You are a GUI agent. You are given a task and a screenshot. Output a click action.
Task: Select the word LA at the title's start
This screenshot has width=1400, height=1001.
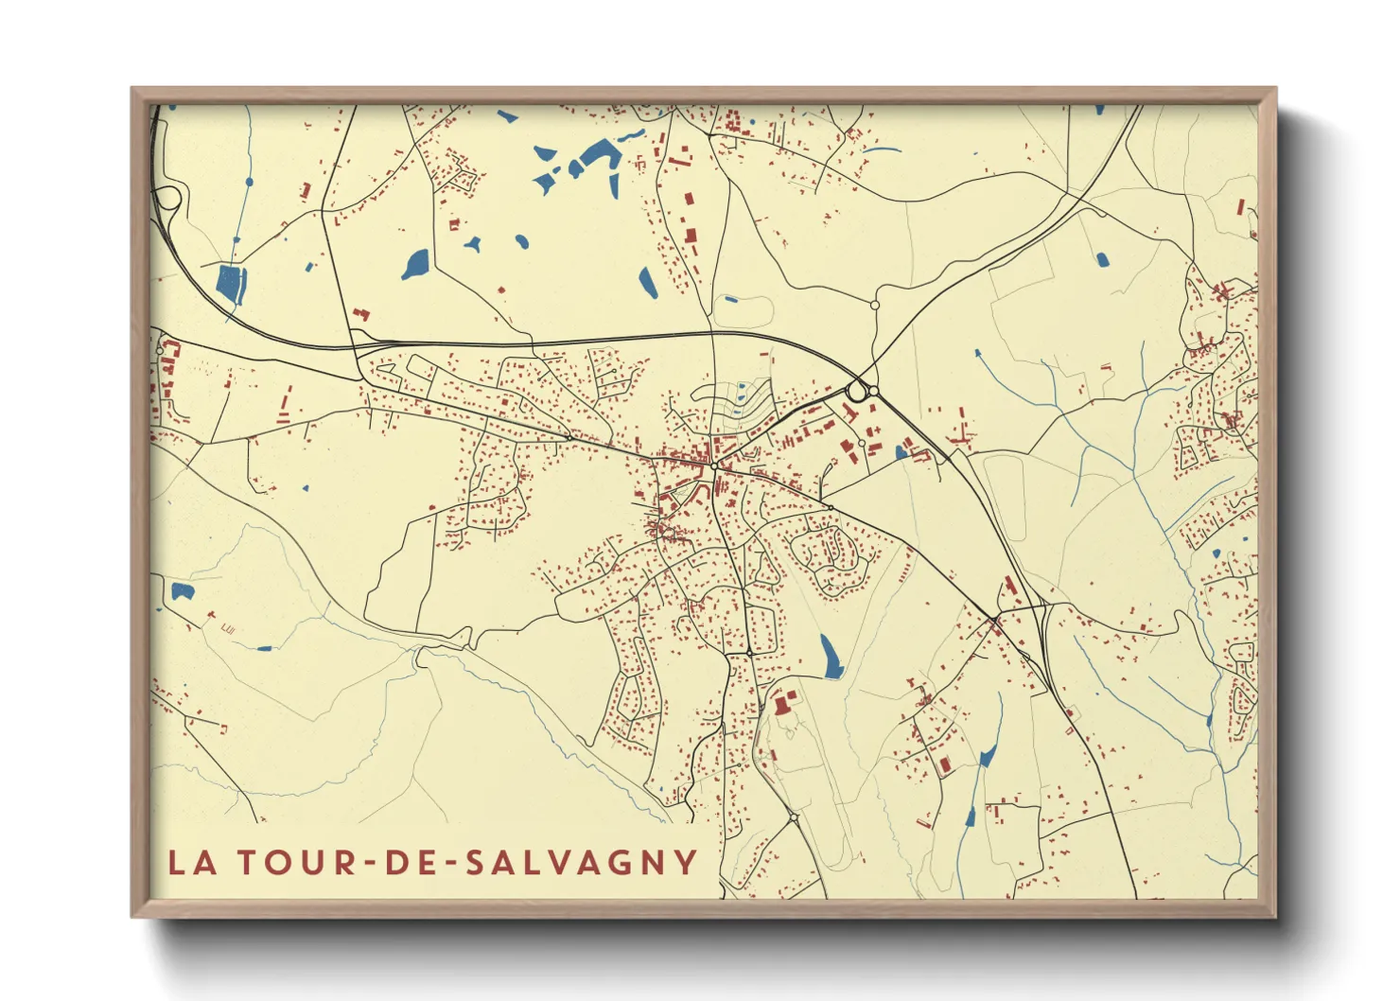point(192,862)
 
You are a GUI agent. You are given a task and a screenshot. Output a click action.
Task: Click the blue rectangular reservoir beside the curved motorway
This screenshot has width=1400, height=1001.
point(231,283)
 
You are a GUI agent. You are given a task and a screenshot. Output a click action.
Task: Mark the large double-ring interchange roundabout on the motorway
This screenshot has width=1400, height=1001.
point(859,390)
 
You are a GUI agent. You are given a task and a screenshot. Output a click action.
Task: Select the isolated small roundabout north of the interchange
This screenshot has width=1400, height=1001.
point(875,305)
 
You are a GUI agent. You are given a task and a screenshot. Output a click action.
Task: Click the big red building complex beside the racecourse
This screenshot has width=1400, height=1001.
point(782,705)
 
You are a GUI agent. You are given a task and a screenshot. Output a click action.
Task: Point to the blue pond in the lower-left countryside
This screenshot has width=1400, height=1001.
point(182,592)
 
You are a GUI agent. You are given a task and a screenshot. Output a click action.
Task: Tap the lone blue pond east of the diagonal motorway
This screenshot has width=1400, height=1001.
point(1101,258)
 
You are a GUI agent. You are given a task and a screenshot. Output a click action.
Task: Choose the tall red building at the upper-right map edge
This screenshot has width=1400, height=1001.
point(1241,207)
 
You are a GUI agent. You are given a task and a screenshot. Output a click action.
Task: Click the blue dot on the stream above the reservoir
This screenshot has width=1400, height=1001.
point(250,181)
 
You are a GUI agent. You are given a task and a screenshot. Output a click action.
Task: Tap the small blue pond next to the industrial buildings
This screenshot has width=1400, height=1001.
point(901,452)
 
